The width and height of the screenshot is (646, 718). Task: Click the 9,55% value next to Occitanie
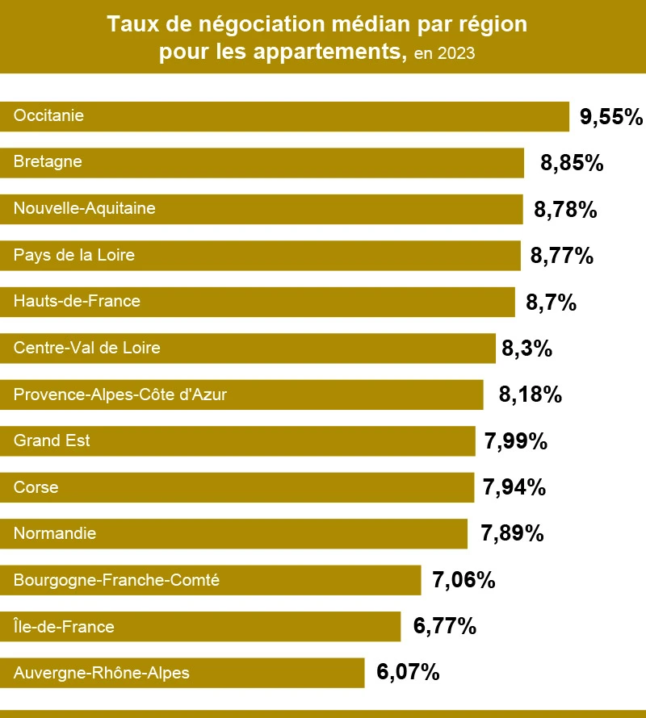click(x=611, y=117)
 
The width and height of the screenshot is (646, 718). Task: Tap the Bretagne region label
click(x=48, y=162)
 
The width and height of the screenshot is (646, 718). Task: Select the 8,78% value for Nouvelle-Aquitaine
click(x=565, y=211)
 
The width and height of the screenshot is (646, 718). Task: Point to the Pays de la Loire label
click(x=73, y=256)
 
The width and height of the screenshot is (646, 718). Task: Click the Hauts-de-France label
click(x=77, y=302)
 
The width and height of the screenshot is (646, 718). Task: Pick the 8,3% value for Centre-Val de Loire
click(x=526, y=349)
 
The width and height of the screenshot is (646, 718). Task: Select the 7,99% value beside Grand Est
click(x=516, y=442)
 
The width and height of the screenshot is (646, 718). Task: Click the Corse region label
click(x=36, y=487)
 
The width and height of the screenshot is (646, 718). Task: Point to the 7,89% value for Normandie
click(x=512, y=533)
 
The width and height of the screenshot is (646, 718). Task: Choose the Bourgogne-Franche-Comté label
click(x=116, y=580)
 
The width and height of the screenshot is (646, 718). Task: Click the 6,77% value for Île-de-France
click(x=445, y=625)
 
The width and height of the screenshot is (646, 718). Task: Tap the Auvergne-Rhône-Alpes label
click(x=102, y=673)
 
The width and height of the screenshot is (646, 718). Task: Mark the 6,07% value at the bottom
click(x=408, y=672)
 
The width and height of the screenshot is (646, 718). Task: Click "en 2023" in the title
click(x=443, y=54)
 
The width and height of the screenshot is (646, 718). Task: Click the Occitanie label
click(x=48, y=116)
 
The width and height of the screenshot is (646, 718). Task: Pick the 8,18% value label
click(x=531, y=395)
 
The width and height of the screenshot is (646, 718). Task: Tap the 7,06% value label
click(x=464, y=580)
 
